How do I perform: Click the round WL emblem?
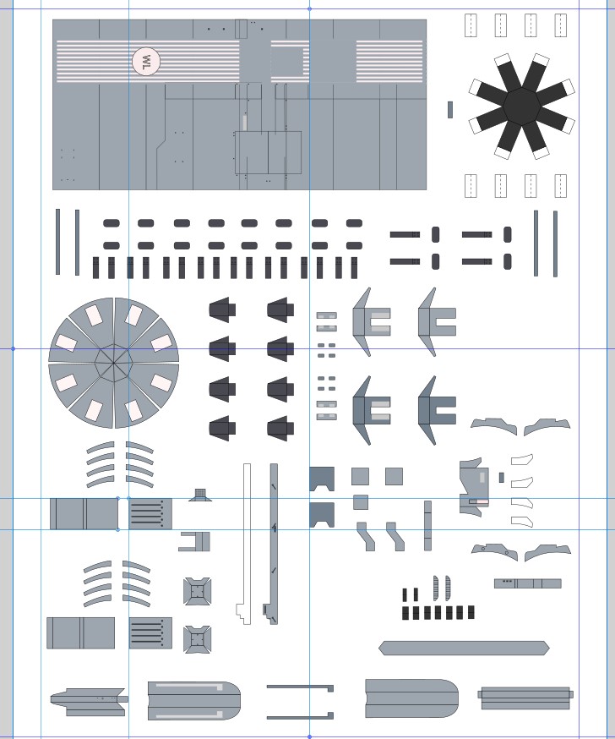146,61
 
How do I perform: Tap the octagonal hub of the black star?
522,106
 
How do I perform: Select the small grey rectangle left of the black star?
450,109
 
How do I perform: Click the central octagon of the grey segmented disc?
113,363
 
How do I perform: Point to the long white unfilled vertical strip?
245,543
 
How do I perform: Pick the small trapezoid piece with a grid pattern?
200,495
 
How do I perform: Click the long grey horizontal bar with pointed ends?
464,648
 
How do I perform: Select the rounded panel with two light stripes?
194,700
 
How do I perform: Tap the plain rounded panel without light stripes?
411,698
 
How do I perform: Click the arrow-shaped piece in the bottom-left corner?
89,702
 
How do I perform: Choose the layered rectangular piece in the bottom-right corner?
525,698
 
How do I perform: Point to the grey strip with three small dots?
527,583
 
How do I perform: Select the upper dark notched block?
322,479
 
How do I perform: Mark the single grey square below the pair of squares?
360,502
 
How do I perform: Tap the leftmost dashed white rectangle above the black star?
471,25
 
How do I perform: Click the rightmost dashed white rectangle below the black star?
560,186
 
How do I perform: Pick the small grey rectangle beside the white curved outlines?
502,478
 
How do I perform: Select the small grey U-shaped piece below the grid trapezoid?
194,541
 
